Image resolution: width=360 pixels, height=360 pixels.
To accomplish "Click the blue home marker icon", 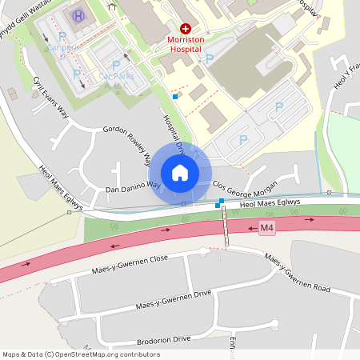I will coord(180,173).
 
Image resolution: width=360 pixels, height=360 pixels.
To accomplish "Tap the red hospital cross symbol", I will coord(186,28).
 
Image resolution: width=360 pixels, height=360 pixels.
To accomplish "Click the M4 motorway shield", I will coord(267,228).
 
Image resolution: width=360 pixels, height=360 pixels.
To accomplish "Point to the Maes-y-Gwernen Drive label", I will coord(173,300).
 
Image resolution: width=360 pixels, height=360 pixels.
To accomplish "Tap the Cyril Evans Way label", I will coord(52,98).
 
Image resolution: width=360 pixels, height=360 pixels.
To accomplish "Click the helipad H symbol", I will coord(78,16).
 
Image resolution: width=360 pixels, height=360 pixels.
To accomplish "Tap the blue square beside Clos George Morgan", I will coord(218,205).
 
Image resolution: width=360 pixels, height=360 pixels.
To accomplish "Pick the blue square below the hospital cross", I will coord(175,97).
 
